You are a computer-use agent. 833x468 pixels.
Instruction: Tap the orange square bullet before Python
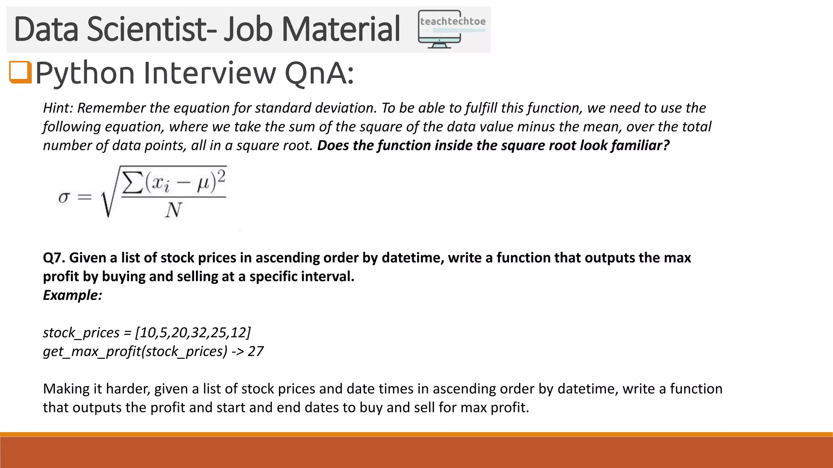(x=20, y=72)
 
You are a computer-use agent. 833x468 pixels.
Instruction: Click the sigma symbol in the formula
(x=64, y=198)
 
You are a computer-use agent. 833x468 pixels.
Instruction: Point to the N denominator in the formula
(x=173, y=210)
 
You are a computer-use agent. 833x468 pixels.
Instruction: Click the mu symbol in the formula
(x=203, y=184)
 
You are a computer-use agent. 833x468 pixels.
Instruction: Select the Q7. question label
(x=54, y=258)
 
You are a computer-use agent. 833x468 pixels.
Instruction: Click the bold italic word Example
(x=72, y=295)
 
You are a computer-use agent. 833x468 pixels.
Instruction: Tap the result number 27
(x=255, y=351)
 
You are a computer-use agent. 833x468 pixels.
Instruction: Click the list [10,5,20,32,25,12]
(x=193, y=332)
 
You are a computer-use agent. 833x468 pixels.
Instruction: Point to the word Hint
(x=58, y=108)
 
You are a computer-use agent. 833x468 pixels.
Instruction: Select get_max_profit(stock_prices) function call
(x=135, y=351)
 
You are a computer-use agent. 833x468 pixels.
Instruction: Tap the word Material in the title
(x=341, y=29)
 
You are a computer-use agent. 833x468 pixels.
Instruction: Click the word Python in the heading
(x=85, y=73)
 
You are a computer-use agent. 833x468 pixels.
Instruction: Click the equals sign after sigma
(x=85, y=198)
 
